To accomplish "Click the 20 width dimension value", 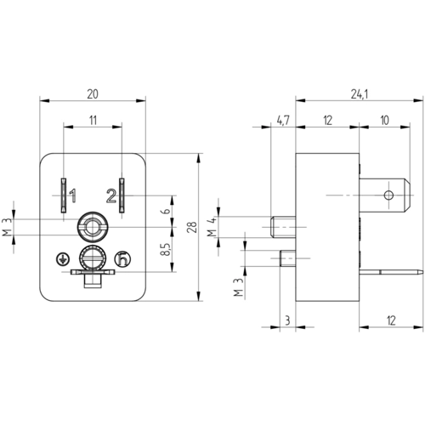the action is (x=93, y=93).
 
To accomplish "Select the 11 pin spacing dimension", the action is (x=93, y=121).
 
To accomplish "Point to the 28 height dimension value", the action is (x=192, y=227).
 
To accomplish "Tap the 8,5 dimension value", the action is (x=166, y=249).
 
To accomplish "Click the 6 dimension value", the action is (x=167, y=211).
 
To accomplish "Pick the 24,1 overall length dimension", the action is (x=360, y=94).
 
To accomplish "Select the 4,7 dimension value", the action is (x=283, y=121).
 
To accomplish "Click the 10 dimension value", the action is (x=384, y=121).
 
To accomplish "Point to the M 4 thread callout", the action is (x=212, y=227).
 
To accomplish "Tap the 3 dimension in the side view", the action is (x=287, y=320).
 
